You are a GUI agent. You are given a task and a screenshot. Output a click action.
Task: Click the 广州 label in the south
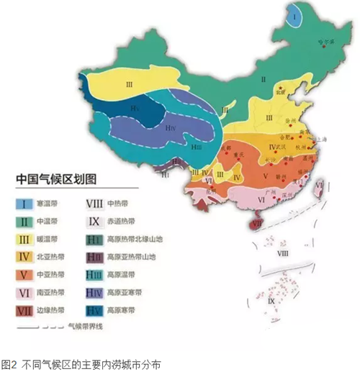(270, 192)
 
